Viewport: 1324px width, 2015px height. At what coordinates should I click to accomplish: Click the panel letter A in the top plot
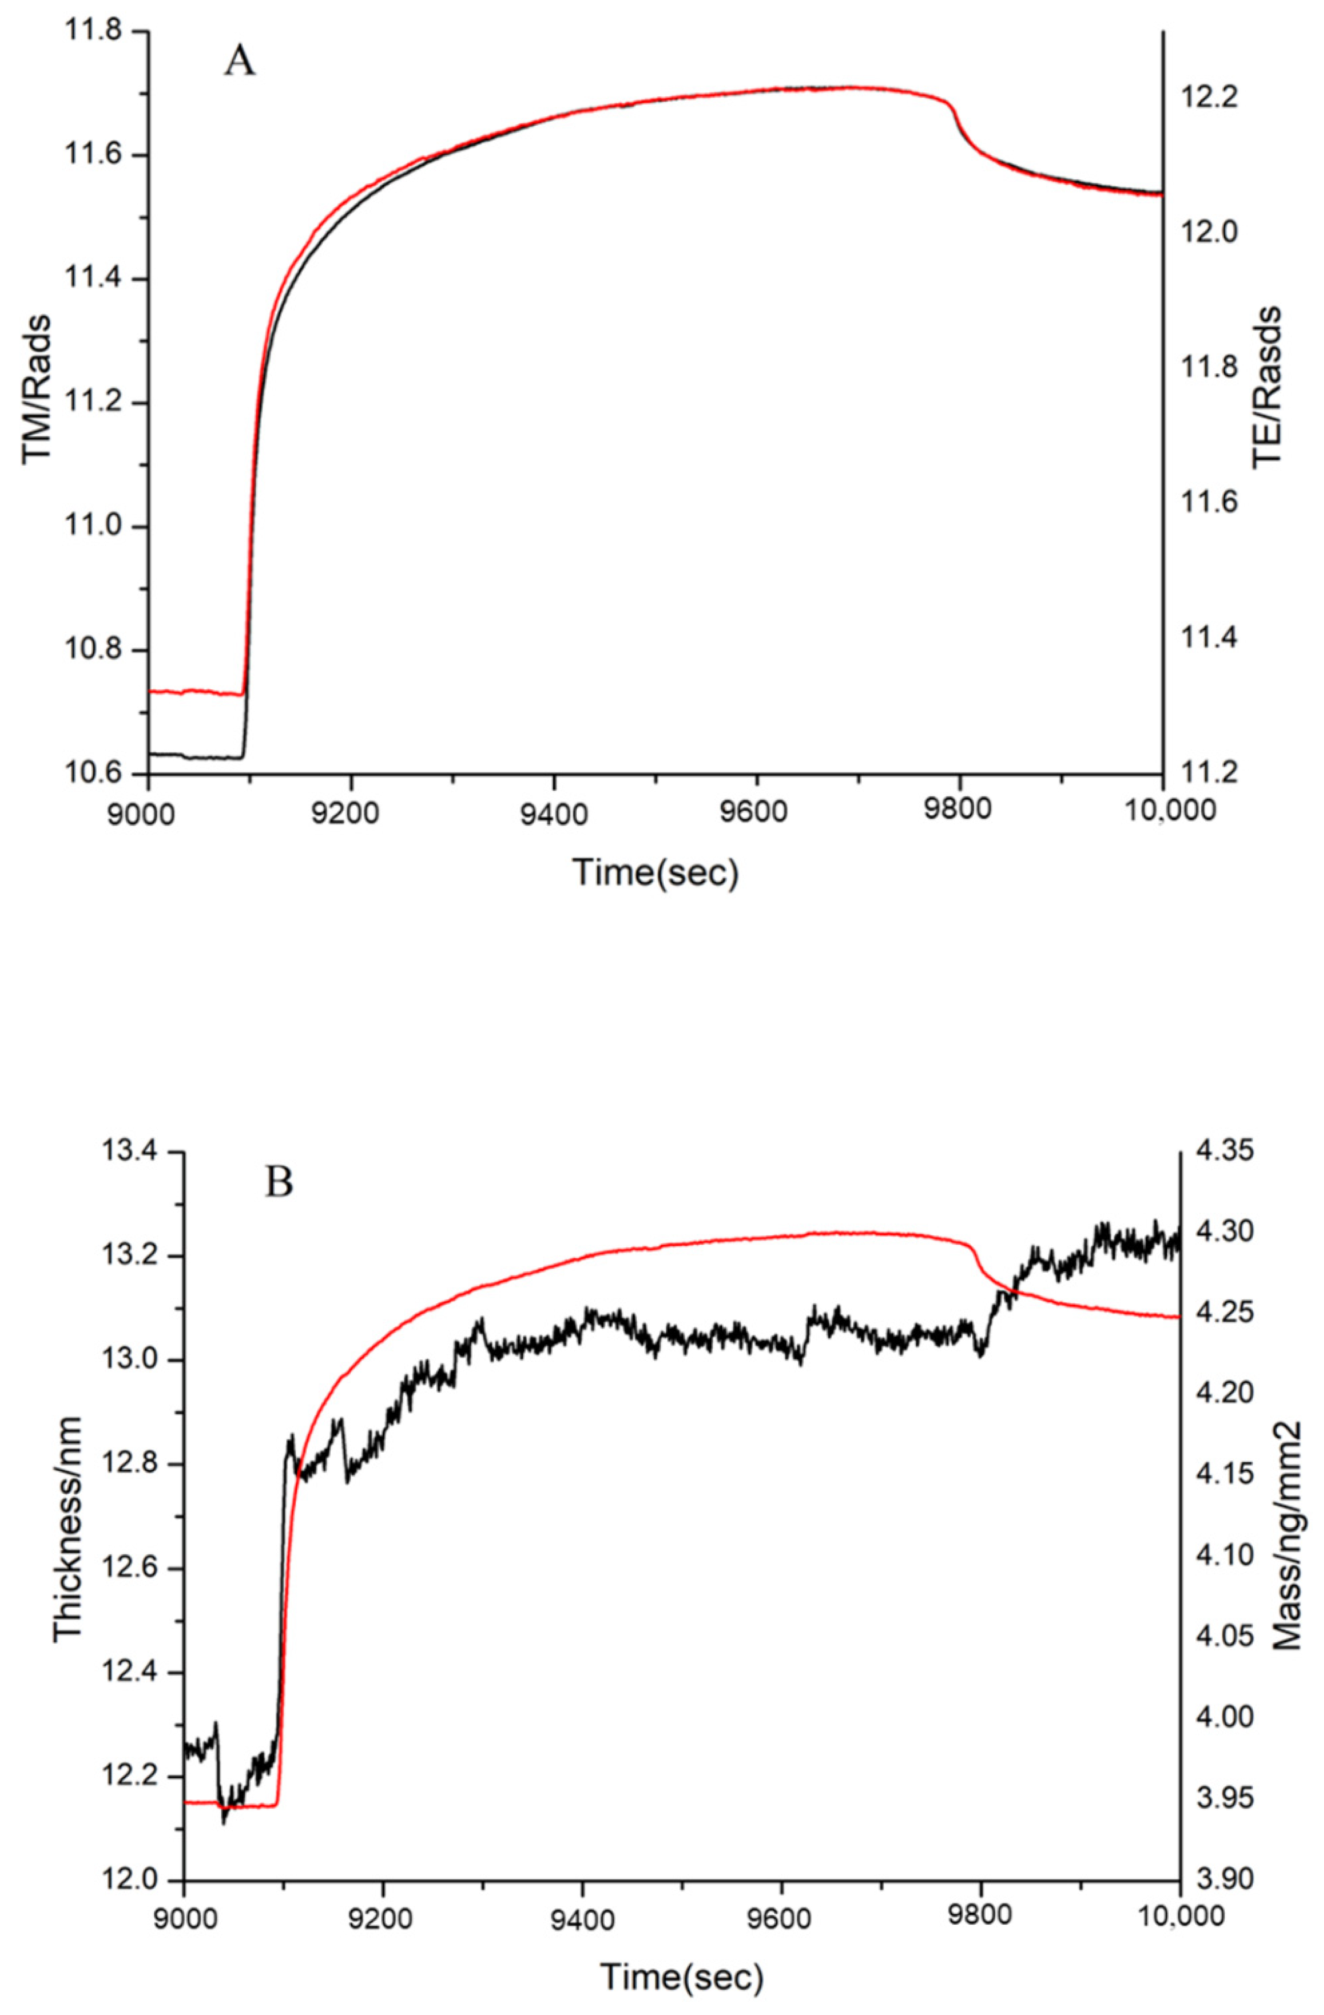(x=240, y=62)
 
